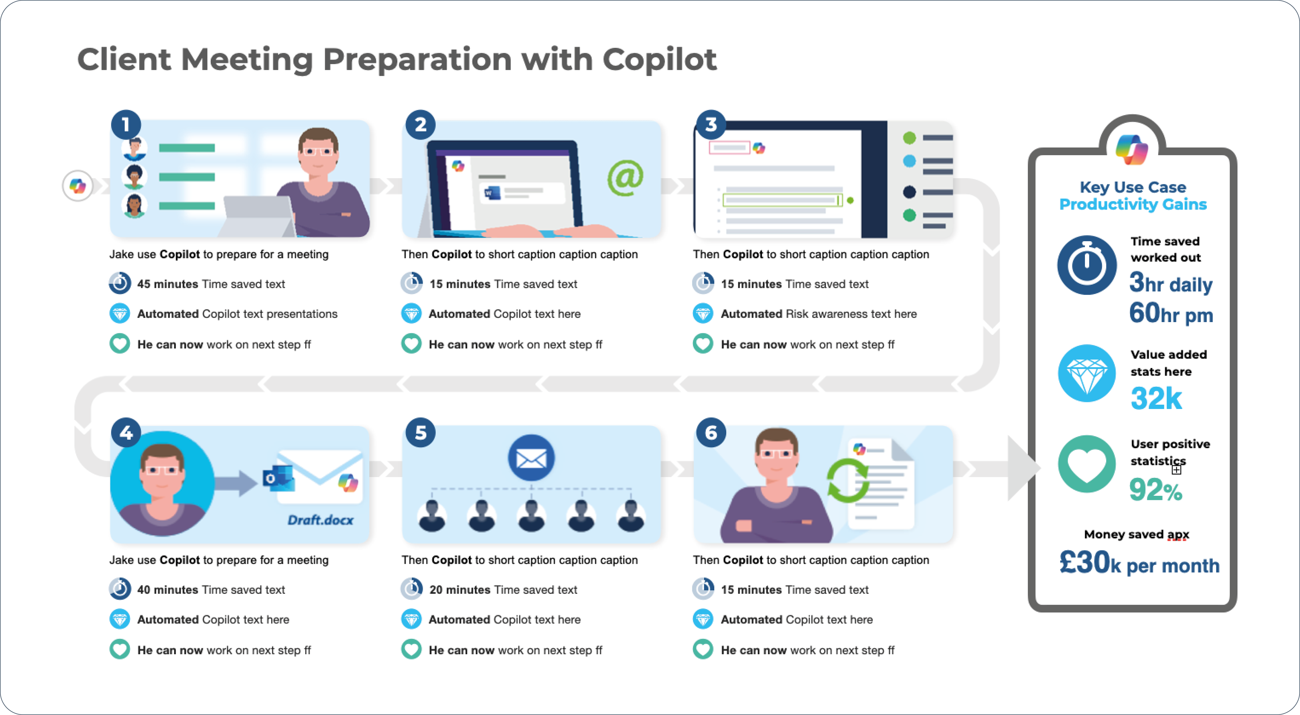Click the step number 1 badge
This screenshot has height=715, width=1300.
coord(126,125)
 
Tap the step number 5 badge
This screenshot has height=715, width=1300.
coord(420,432)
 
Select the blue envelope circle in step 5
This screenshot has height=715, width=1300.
coord(531,458)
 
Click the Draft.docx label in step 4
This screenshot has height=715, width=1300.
coord(321,520)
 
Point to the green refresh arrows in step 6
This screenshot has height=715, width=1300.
coord(848,481)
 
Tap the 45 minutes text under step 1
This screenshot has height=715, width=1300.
coord(168,284)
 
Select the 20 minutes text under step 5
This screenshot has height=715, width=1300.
coord(460,589)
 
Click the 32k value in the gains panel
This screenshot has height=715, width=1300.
coord(1156,399)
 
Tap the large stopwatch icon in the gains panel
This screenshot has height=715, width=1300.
coord(1086,265)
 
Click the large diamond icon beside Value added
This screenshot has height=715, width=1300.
coord(1086,373)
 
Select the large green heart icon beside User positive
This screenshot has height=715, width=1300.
coord(1086,464)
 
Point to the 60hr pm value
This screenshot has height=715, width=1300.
coord(1171,313)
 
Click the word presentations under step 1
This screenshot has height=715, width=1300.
coord(302,314)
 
